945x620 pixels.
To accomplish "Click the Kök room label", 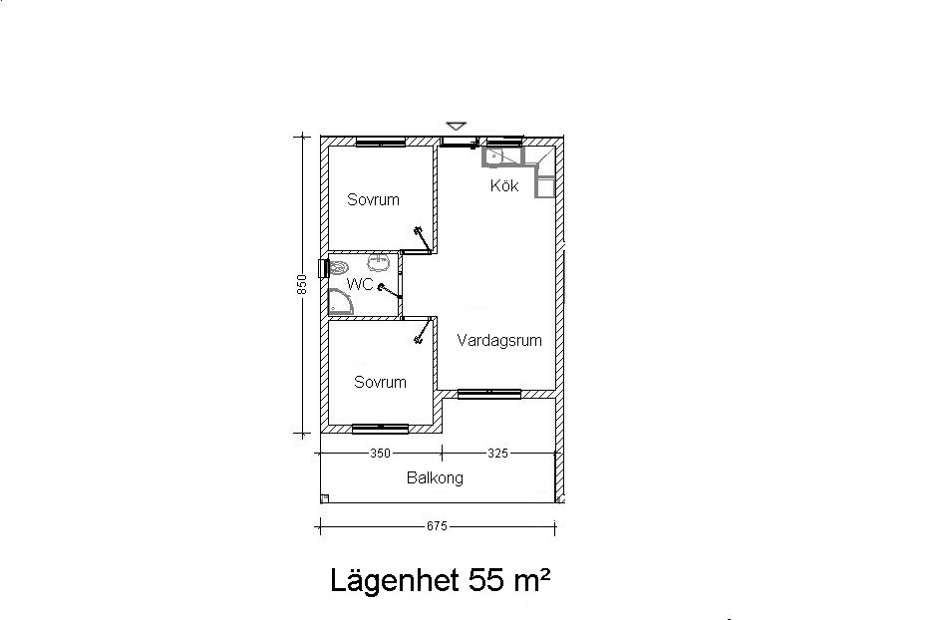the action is coord(504,185).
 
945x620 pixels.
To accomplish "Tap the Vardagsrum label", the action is coord(499,341).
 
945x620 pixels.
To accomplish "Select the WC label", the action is coord(360,284).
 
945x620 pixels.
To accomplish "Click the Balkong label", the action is coord(436,478).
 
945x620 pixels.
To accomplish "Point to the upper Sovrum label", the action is coord(373,199).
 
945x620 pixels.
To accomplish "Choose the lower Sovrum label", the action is coord(380,382).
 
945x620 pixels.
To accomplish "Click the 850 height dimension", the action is coord(302,284).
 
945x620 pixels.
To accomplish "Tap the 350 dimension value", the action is coord(380,454).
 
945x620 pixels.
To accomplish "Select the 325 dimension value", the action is coord(497,454).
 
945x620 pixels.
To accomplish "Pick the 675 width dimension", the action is coord(437,526).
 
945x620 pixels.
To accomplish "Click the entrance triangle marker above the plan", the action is coord(457,126).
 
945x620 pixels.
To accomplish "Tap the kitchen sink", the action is coord(494,156).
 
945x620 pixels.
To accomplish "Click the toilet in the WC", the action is coord(338,267).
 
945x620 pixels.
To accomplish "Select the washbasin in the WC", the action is coord(380,262).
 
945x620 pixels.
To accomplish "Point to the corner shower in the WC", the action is coord(340,302).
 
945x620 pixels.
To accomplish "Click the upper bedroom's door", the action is coord(423,239).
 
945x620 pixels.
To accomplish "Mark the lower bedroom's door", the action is coord(423,331).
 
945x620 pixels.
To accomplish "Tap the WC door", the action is coord(390,292).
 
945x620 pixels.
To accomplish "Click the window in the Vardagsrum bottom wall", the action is coord(489,395).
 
